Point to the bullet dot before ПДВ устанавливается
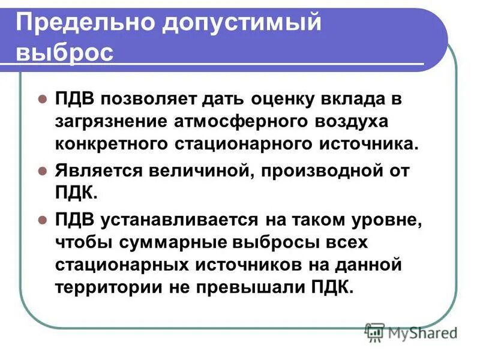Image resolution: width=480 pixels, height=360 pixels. [42, 220]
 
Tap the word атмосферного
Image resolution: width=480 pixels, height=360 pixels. [233, 122]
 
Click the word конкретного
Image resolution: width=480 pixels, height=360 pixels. [111, 145]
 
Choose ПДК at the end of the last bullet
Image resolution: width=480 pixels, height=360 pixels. [329, 287]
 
